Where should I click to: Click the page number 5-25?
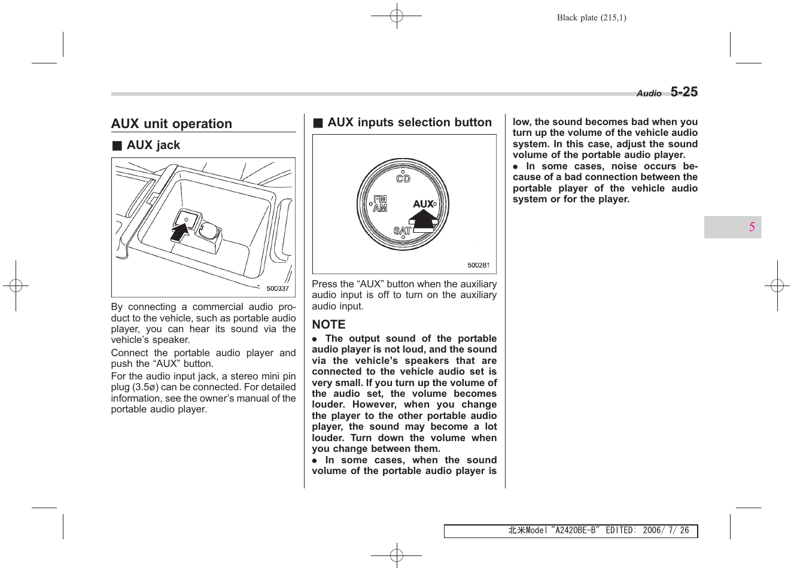pos(683,92)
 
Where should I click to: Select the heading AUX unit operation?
pos(172,124)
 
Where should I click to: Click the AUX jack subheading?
pos(153,145)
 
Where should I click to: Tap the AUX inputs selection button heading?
pos(409,123)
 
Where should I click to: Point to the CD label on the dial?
pos(403,178)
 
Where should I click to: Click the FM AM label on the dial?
pos(380,204)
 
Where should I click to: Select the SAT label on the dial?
pos(402,231)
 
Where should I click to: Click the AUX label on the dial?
pos(423,204)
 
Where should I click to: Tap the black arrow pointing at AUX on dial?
pos(425,219)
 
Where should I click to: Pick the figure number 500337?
pos(278,288)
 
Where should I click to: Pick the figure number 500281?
pos(478,265)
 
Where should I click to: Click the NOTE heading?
pos(328,324)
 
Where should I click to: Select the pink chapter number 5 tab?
pos(752,227)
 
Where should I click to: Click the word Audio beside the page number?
pos(649,93)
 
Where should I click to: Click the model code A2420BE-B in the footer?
pos(576,530)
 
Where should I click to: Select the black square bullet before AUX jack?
pos(117,146)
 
